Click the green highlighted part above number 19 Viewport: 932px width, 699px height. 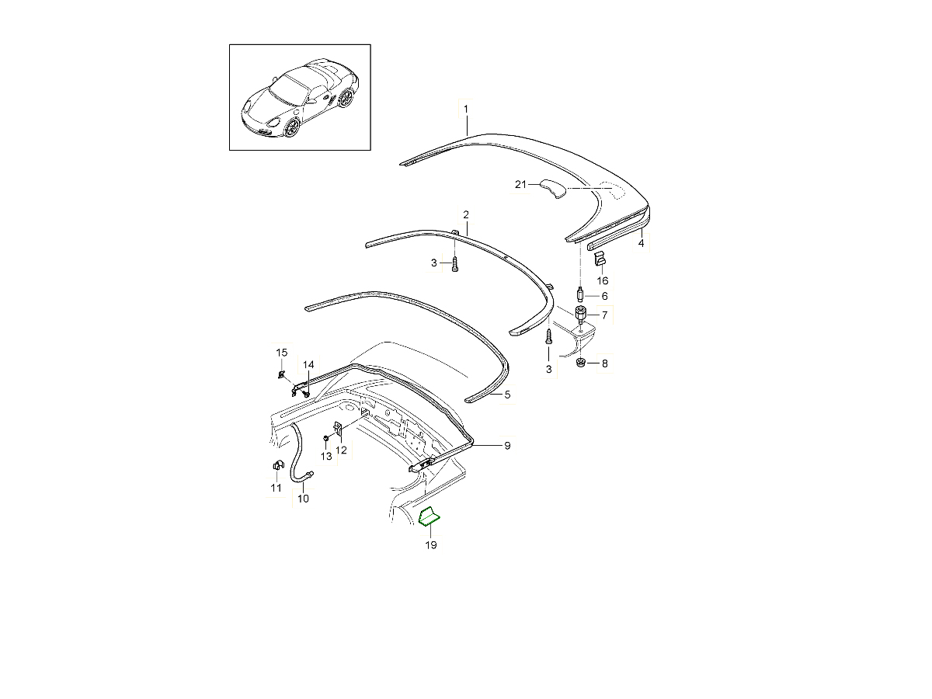pyautogui.click(x=429, y=517)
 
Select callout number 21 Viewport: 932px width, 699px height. pyautogui.click(x=520, y=184)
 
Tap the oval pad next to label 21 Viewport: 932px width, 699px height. pyautogui.click(x=553, y=189)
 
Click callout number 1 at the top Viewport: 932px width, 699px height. pyautogui.click(x=466, y=109)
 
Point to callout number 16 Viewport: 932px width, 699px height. pyautogui.click(x=602, y=280)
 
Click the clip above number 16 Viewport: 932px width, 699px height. pyautogui.click(x=599, y=258)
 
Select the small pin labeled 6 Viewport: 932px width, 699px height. pyautogui.click(x=580, y=294)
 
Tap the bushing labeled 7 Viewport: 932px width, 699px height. pyautogui.click(x=581, y=314)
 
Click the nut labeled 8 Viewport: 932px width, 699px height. pyautogui.click(x=580, y=363)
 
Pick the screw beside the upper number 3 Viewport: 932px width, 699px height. pyautogui.click(x=455, y=264)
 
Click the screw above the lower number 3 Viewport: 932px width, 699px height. pyautogui.click(x=548, y=337)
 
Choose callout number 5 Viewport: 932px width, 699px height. pyautogui.click(x=507, y=395)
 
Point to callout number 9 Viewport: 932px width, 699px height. pyautogui.click(x=507, y=446)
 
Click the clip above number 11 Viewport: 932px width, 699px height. pyautogui.click(x=279, y=465)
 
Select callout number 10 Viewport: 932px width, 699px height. pyautogui.click(x=303, y=499)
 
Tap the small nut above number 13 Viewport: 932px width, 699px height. pyautogui.click(x=325, y=437)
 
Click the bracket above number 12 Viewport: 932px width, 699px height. pyautogui.click(x=338, y=428)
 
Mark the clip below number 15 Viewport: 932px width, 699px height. pyautogui.click(x=280, y=374)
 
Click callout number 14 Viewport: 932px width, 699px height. pyautogui.click(x=308, y=364)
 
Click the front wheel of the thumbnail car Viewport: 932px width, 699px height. pyautogui.click(x=293, y=127)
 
